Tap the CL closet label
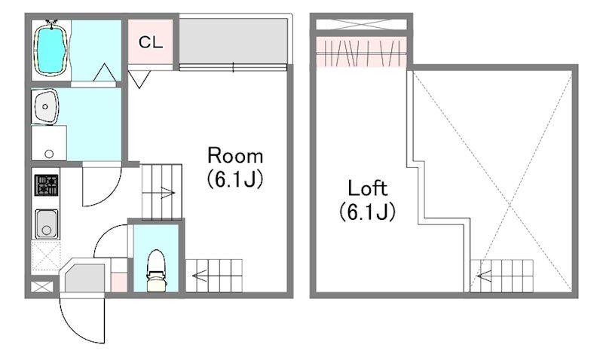pos(151,42)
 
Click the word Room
pos(235,156)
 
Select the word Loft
pos(367,188)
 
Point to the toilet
pos(157,270)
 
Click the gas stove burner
pos(47,185)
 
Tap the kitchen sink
pos(47,224)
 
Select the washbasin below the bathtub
pos(45,106)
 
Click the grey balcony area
pos(233,41)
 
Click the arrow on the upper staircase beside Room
pos(167,193)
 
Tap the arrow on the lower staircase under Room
pos(200,275)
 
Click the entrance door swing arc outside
pos(75,326)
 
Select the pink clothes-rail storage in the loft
pos(361,51)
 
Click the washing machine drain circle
pos(49,154)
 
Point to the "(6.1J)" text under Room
pos(235,179)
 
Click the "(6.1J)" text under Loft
pos(367,212)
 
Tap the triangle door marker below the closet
pos(139,79)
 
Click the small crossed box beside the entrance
pos(42,287)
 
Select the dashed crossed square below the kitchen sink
pos(46,256)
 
